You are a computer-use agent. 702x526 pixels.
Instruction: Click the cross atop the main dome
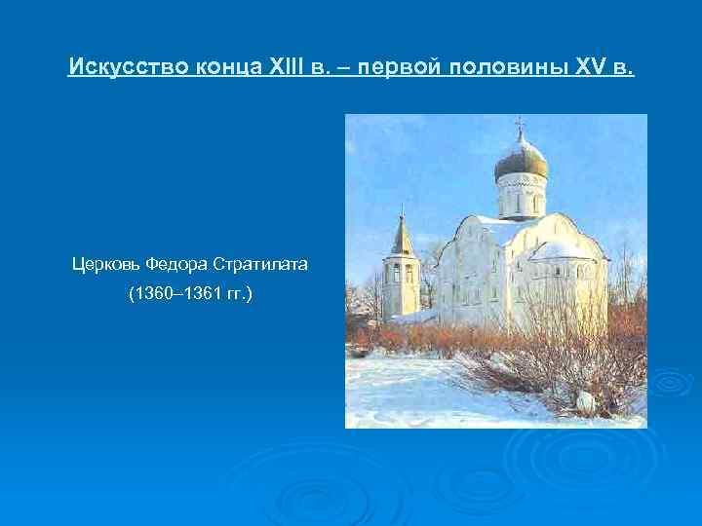pos(519,126)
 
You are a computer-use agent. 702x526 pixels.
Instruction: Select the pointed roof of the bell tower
pos(401,238)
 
